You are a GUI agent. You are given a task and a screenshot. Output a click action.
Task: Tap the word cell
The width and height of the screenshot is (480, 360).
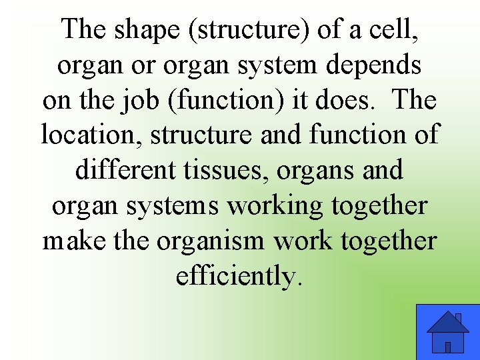[387, 30]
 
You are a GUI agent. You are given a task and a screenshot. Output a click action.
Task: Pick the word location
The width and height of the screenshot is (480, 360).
[91, 135]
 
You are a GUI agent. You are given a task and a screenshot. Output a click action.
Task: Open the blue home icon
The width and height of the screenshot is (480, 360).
[447, 332]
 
